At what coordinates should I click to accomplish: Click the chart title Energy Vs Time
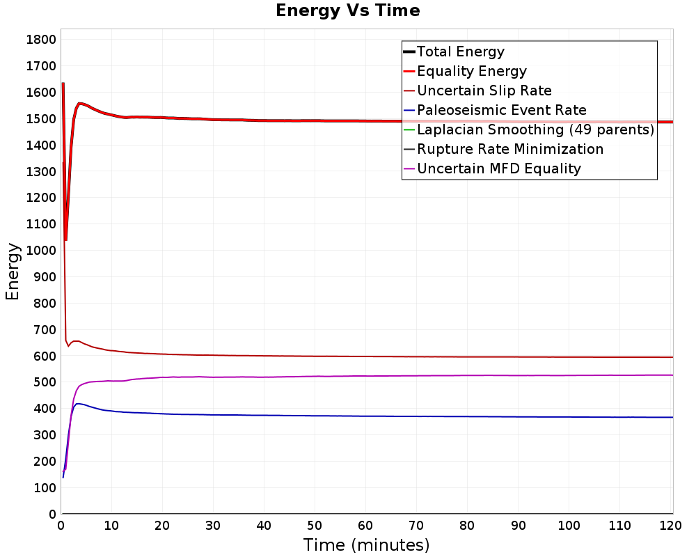347,10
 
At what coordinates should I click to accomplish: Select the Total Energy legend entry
454,52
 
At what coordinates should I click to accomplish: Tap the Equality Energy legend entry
465,71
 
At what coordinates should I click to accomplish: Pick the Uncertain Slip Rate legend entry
477,91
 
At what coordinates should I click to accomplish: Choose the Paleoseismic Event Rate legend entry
494,110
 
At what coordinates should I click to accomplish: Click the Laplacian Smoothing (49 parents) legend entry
529,130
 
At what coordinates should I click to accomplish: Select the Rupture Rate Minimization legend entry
503,149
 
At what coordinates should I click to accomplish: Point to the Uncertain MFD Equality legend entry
492,168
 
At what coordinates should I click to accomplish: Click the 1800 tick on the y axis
41,40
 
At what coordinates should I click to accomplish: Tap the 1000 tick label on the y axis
41,251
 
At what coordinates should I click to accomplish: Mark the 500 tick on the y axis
45,382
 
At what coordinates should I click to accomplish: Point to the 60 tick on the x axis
365,526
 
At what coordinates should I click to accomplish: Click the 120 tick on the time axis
670,526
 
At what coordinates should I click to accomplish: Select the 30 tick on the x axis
213,526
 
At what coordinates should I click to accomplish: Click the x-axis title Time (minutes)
366,545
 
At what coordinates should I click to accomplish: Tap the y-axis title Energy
13,272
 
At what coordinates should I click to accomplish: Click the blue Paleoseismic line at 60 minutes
365,416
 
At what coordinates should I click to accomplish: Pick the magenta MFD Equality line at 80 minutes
467,376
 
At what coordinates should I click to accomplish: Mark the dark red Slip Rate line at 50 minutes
315,356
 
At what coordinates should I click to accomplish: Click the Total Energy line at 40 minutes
264,120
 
